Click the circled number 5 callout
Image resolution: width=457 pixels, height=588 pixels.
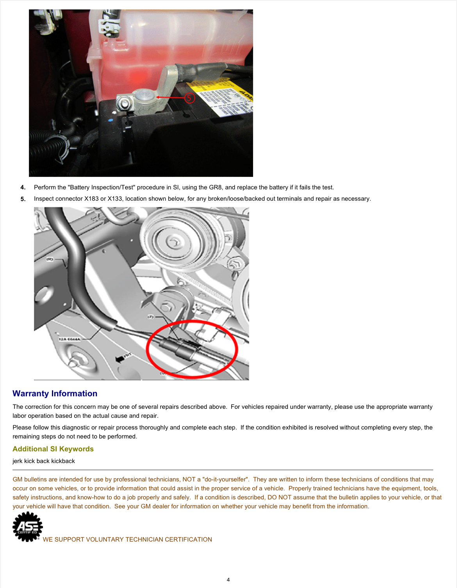(189, 98)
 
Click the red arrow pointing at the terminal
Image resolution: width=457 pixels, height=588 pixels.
(170, 97)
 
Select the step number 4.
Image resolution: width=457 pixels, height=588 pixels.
(23, 187)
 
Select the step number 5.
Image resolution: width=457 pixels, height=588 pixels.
(23, 199)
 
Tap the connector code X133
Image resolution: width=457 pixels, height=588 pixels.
(115, 199)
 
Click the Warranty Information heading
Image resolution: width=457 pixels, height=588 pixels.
(55, 394)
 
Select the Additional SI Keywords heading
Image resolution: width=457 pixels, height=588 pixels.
(53, 449)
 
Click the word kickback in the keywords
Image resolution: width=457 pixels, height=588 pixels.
(63, 461)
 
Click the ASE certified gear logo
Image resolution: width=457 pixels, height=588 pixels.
(27, 527)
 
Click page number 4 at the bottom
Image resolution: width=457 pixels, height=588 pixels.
(228, 580)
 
